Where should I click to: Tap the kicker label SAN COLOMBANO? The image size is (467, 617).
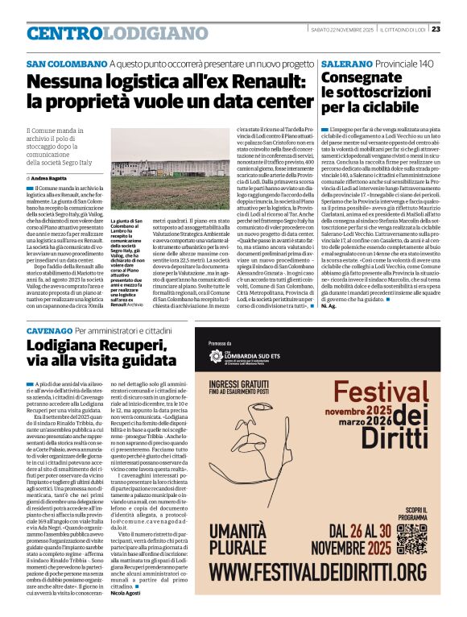point(67,64)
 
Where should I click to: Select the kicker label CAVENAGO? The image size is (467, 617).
point(49,331)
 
